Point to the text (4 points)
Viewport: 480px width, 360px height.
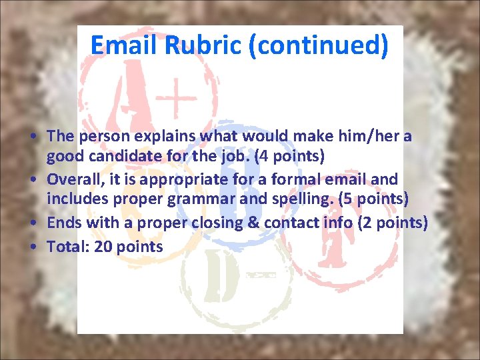click(x=296, y=157)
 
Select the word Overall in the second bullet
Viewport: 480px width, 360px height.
click(x=75, y=179)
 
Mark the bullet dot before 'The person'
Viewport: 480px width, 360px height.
click(x=33, y=137)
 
